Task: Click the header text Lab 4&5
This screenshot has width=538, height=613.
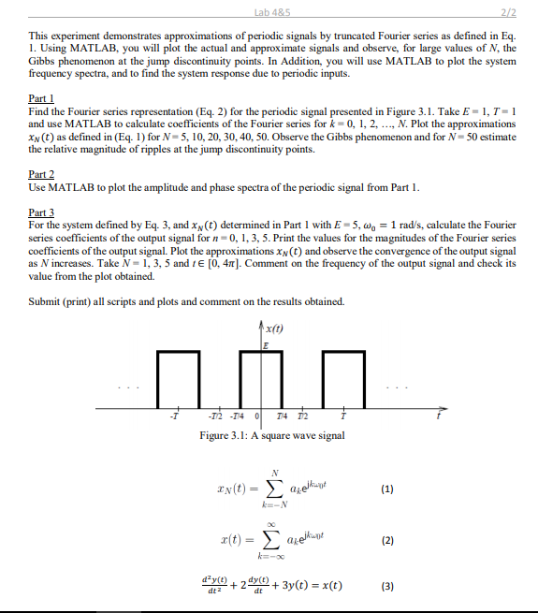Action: [x=268, y=11]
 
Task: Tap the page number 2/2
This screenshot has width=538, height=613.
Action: [x=510, y=11]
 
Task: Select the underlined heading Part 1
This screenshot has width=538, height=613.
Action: [x=41, y=97]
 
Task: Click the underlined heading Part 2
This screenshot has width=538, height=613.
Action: [x=41, y=175]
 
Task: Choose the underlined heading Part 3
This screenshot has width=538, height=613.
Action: [x=41, y=213]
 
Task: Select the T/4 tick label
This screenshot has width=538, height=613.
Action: [x=284, y=416]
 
